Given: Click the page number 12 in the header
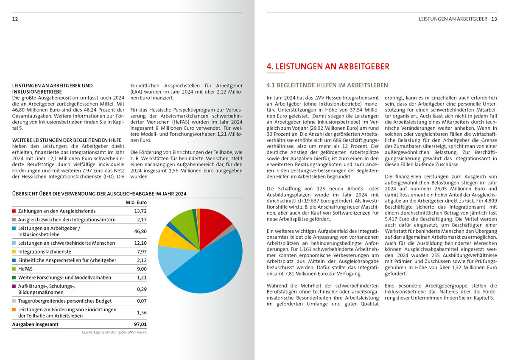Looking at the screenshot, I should click(15, 19).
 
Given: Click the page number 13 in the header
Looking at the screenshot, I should click(494, 19).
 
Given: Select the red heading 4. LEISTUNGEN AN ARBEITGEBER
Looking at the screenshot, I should click(327, 67).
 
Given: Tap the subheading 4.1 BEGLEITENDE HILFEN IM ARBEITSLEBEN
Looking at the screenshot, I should click(321, 86).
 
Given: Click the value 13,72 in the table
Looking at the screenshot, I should click(140, 211).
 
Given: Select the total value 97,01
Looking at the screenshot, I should click(140, 324).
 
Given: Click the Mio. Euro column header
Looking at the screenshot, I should click(136, 202).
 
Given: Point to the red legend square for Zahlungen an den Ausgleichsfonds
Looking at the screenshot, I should click(14, 211).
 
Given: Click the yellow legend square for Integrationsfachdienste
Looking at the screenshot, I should click(14, 251).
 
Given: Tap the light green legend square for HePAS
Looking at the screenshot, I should click(14, 269).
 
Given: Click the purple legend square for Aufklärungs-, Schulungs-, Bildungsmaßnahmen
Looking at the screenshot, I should click(14, 286).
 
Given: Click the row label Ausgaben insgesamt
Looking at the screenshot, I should click(35, 324).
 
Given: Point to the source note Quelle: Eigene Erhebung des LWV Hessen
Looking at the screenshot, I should click(114, 332).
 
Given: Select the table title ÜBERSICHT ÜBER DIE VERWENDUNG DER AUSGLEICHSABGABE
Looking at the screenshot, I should click(99, 194).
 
